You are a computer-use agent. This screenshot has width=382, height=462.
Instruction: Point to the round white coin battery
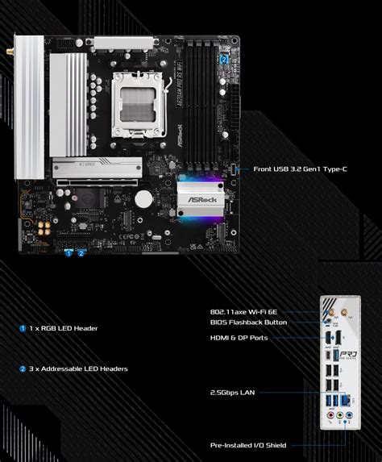(143, 198)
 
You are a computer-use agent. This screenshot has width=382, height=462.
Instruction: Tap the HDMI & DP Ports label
(239, 338)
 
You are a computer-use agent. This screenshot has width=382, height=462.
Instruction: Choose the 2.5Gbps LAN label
(233, 393)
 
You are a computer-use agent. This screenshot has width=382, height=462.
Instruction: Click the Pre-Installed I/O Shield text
(248, 444)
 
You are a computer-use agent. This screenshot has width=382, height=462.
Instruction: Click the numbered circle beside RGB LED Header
(23, 328)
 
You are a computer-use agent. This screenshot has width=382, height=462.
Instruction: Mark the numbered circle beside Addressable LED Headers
(23, 368)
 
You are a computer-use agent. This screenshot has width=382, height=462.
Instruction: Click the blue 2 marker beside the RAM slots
(223, 58)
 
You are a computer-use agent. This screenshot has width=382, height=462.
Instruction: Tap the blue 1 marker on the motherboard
(69, 252)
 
